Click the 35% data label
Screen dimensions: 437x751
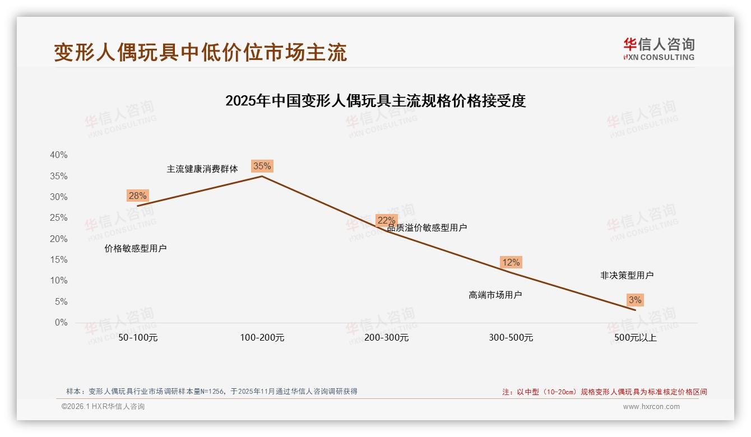[x=262, y=166]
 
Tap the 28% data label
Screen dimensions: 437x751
[x=137, y=196]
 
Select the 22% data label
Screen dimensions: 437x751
[x=386, y=220]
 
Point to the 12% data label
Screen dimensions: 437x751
[x=511, y=262]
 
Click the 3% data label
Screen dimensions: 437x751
[x=635, y=300]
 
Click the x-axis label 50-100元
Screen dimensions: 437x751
[x=138, y=338]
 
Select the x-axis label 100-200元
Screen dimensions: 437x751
[x=262, y=338]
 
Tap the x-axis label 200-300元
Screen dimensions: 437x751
[x=387, y=338]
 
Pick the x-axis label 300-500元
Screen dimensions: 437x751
[x=511, y=338]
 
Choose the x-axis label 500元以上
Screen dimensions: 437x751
[x=636, y=338]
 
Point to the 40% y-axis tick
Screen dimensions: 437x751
[x=59, y=155]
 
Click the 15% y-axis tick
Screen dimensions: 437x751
[x=59, y=260]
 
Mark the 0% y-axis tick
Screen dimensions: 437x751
[x=61, y=323]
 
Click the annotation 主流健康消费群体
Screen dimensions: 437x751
[x=202, y=169]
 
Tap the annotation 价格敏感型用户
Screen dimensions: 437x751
[x=136, y=248]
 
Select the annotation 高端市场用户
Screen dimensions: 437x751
[x=495, y=295]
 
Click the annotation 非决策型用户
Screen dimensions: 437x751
[x=627, y=275]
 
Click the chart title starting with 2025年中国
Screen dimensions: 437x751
[x=375, y=101]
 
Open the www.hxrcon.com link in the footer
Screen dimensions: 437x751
[x=651, y=407]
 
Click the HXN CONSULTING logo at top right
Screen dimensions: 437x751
[x=659, y=49]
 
